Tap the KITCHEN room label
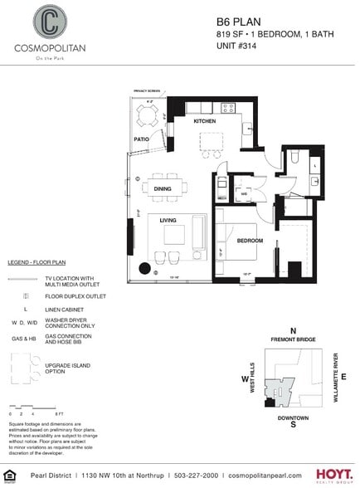[205, 121]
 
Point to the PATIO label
[141, 139]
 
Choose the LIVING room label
[168, 220]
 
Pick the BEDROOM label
[250, 241]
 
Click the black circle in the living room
[146, 268]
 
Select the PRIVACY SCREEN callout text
[147, 90]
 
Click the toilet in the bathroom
[296, 156]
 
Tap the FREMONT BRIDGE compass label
[293, 340]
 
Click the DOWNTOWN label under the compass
[294, 417]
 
